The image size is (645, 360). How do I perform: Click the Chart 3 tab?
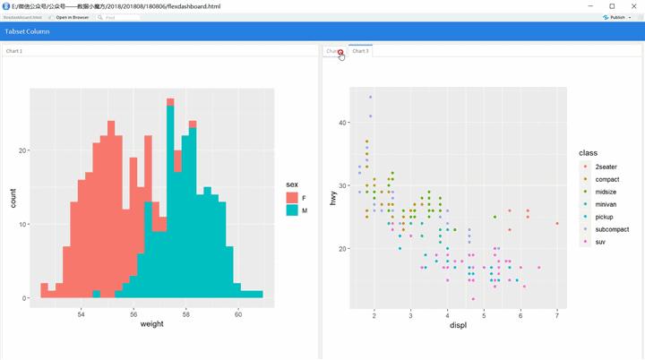tap(360, 51)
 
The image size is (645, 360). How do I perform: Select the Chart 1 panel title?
tap(14, 51)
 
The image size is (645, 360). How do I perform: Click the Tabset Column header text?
tap(27, 31)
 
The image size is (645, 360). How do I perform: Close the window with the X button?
tap(633, 5)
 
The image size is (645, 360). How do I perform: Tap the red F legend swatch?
tap(292, 197)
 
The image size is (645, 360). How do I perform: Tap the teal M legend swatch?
tap(292, 210)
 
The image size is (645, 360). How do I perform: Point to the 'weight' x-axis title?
tap(151, 324)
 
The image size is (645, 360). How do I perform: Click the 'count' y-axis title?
tap(13, 198)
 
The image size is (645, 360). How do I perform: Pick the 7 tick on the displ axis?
tap(557, 315)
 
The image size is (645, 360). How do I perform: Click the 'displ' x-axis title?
tap(457, 325)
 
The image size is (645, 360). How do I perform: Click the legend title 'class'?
tap(588, 153)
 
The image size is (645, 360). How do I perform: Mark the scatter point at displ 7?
tap(557, 223)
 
